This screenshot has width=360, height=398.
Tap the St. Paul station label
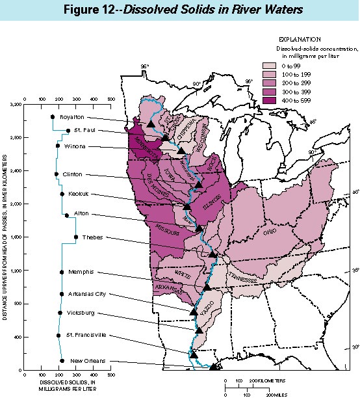coord(84,130)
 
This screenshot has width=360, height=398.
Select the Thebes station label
coord(92,237)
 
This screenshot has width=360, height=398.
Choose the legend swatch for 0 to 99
coord(268,66)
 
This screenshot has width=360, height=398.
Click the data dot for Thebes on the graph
coord(76,237)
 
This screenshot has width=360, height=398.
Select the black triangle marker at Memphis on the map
coord(207,287)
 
